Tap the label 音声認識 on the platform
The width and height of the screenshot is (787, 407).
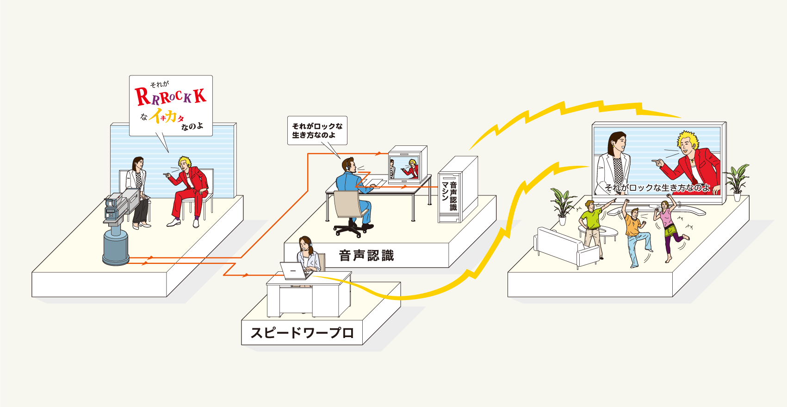pos(366,256)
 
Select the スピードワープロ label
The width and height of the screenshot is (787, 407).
pos(302,332)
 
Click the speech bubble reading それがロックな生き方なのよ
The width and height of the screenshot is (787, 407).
pos(317,130)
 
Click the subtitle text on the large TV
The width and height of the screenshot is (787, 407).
pos(657,188)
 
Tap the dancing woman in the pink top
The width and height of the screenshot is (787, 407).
pos(668,227)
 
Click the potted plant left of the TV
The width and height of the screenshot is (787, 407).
pos(563,206)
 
